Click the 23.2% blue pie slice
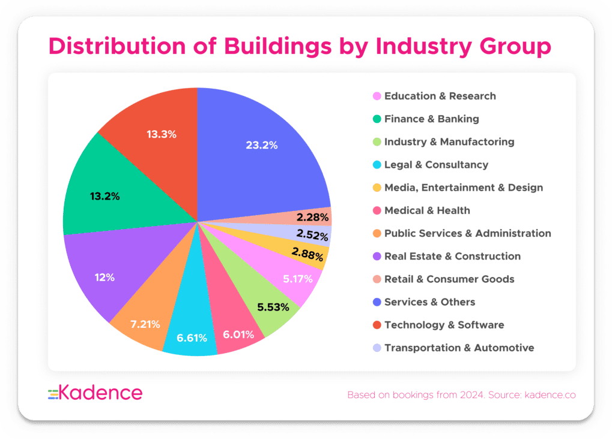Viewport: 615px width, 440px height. (x=264, y=150)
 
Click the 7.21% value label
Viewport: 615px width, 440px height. (x=145, y=324)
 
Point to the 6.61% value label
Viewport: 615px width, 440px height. (x=192, y=338)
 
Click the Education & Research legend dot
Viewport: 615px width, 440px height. (x=377, y=96)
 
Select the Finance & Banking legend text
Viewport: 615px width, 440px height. (x=432, y=119)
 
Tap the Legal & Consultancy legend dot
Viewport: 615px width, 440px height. (x=377, y=165)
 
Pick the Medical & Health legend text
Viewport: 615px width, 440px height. (x=427, y=210)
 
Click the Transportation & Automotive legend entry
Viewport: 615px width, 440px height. (x=459, y=348)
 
